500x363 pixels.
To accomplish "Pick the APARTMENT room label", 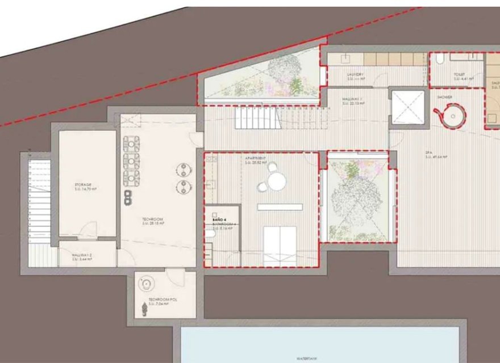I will [255, 158].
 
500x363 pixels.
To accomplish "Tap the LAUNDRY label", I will [355, 74].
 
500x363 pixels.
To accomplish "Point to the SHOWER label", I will [444, 97].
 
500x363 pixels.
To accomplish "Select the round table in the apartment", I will [277, 181].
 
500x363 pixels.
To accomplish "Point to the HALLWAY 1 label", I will [352, 100].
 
